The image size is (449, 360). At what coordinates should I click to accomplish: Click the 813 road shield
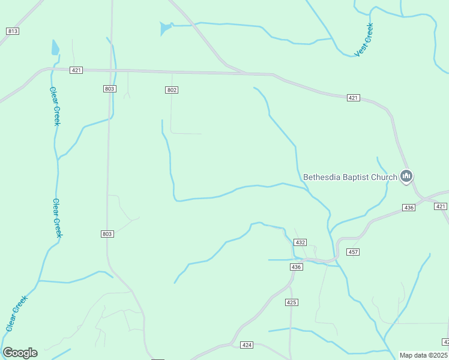point(12,31)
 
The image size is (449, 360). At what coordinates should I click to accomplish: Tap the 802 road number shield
point(172,89)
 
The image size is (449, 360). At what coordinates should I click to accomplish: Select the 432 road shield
point(301,242)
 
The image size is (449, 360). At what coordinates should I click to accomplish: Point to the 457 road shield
point(353,252)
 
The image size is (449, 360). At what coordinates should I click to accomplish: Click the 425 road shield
point(292,302)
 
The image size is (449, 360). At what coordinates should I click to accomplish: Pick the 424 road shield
point(247,345)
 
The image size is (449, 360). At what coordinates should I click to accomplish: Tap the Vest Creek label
point(364,40)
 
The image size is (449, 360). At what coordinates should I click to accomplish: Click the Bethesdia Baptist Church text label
point(350,177)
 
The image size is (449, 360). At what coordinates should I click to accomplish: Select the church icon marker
point(407,176)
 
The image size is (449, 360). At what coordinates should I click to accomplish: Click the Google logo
point(20,353)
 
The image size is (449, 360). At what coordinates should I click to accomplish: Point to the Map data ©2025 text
point(424,355)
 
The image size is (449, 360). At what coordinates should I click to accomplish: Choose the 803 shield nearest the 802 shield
point(109,89)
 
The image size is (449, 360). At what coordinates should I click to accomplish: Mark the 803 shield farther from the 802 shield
point(107,234)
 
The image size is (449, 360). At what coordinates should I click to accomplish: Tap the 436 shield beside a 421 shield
point(409,208)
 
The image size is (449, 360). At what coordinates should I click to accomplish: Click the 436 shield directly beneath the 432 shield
point(296,266)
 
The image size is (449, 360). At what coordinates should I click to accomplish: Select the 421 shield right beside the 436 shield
point(441,206)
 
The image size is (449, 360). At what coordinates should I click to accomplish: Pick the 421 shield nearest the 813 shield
point(76,70)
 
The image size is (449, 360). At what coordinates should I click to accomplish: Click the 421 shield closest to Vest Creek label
point(353,98)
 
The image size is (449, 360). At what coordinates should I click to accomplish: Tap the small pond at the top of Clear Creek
point(55,47)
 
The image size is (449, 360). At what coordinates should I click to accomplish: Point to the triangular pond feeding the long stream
point(164,28)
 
